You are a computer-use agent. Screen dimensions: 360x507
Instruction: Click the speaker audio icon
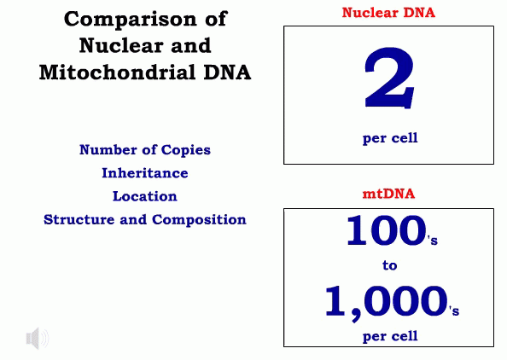pyautogui.click(x=37, y=339)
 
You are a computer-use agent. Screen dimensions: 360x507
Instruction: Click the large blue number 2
pyautogui.click(x=389, y=78)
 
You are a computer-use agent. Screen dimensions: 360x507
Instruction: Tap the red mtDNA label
pyautogui.click(x=388, y=194)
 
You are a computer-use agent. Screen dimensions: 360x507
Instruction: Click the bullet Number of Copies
pyautogui.click(x=145, y=150)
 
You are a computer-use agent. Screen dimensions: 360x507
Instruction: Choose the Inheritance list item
pyautogui.click(x=145, y=173)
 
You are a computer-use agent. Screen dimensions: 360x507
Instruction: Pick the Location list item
pyautogui.click(x=145, y=196)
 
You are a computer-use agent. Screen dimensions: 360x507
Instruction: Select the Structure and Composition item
pyautogui.click(x=145, y=219)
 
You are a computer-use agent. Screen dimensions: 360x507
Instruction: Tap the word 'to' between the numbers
pyautogui.click(x=390, y=265)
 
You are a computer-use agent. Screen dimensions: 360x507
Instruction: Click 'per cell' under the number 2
pyautogui.click(x=390, y=137)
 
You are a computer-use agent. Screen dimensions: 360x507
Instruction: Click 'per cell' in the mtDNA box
pyautogui.click(x=390, y=335)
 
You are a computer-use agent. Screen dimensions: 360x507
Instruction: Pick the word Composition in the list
pyautogui.click(x=200, y=219)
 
